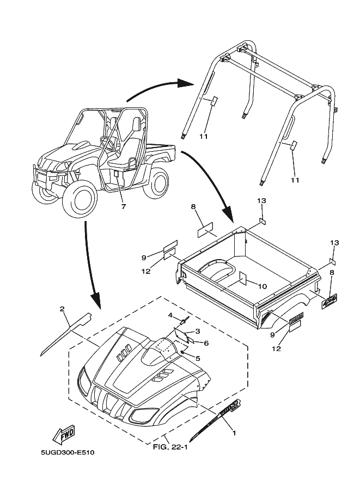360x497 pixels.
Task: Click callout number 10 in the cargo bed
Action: [261, 285]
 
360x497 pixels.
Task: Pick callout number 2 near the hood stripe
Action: [62, 309]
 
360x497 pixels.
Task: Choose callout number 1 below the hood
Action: [234, 433]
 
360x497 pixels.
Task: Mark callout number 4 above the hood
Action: [170, 315]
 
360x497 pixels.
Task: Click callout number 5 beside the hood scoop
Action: [198, 358]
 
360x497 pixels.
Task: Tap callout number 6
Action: [206, 343]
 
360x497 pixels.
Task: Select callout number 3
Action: [198, 331]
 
